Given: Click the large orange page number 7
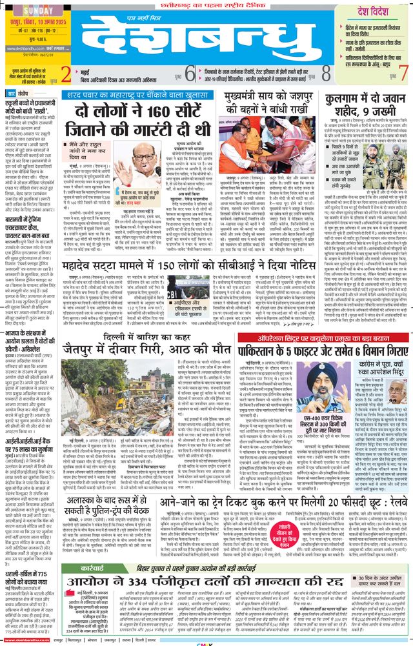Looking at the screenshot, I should pos(403,72).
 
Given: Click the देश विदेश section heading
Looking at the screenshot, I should pos(374,10).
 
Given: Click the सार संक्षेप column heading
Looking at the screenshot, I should pos(25,93).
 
